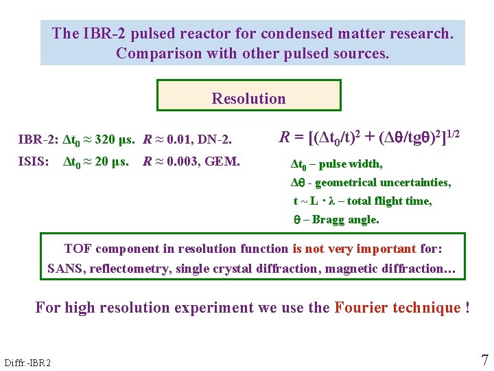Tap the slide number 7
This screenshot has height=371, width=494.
(484, 360)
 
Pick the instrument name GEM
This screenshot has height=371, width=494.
(226, 163)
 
